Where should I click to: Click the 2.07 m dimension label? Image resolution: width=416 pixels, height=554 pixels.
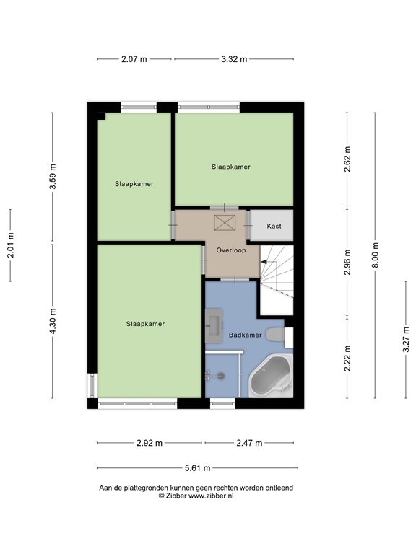point(134,59)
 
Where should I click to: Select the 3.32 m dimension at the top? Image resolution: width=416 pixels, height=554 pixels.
point(233,59)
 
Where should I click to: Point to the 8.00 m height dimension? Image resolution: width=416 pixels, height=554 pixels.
point(374,255)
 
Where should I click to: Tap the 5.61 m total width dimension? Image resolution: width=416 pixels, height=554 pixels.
point(195,468)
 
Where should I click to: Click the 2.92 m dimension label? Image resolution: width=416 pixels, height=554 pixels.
point(149,443)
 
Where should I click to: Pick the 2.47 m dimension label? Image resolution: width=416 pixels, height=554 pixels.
point(248,443)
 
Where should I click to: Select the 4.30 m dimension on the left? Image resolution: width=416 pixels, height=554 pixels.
point(52,321)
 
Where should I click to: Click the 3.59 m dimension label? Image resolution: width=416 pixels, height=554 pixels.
point(52,177)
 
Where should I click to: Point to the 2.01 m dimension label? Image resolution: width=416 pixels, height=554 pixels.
point(10,245)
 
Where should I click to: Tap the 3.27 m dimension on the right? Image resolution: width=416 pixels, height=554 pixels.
point(405,360)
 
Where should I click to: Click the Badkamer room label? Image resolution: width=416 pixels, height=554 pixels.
point(245,335)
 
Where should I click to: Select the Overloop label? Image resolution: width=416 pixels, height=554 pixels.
point(231,251)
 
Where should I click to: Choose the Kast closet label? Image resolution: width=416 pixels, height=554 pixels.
point(274,226)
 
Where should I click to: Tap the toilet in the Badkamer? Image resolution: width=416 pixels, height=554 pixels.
point(275,335)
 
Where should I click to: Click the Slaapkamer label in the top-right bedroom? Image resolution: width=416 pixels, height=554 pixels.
point(231,167)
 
